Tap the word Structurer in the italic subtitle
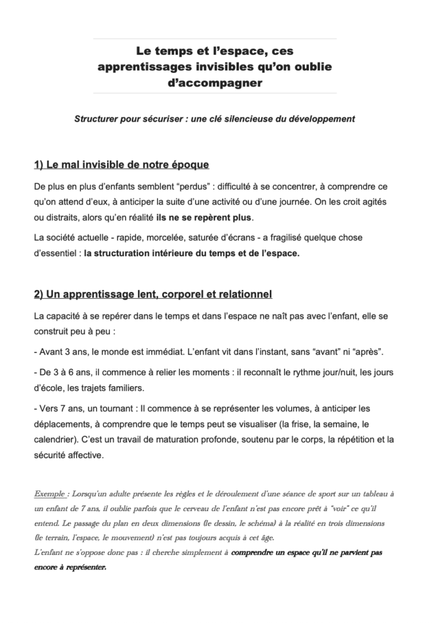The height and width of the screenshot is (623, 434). [x=97, y=119]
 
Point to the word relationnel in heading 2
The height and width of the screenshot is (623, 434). [x=241, y=294]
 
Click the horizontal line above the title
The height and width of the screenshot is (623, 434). [x=215, y=39]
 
